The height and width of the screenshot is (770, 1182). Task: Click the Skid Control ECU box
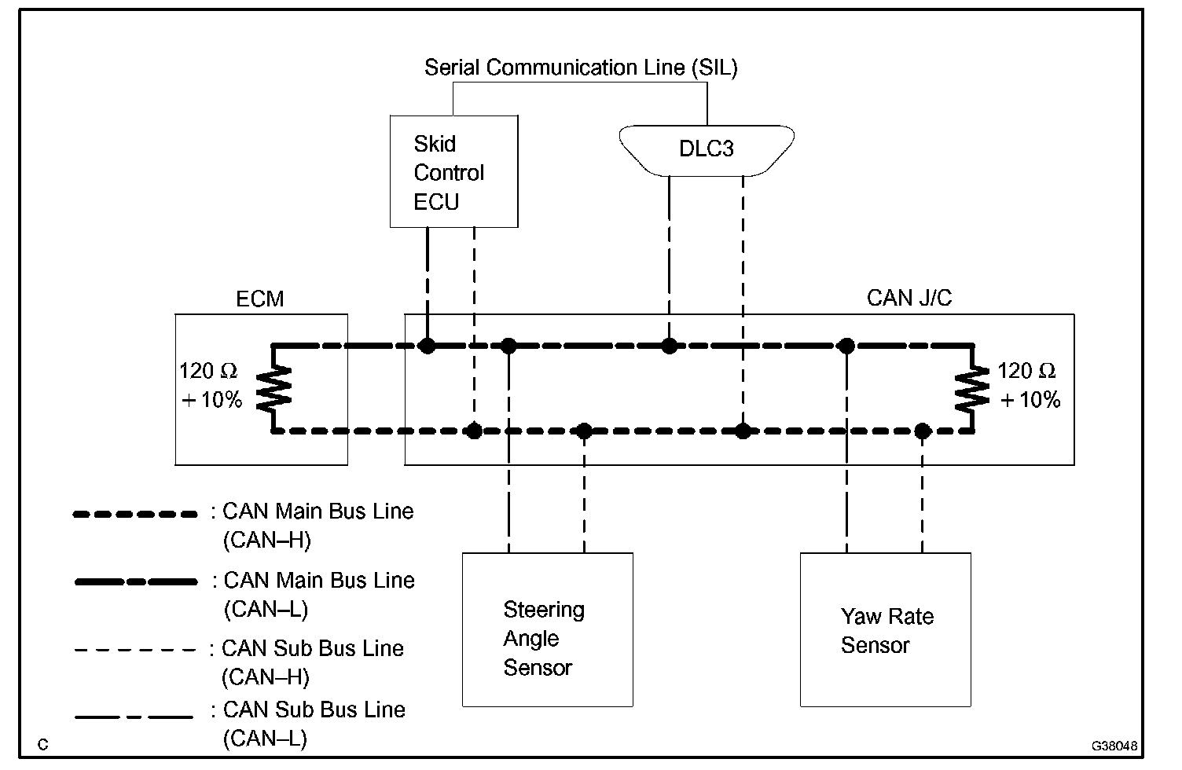453,171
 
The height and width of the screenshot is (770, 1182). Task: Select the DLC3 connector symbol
706,149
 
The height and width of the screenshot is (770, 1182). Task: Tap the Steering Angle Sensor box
547,630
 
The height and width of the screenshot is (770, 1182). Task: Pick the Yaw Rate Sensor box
885,630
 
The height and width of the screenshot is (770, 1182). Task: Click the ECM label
260,299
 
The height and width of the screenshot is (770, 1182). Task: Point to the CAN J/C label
909,299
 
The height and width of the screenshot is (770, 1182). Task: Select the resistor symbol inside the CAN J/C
972,388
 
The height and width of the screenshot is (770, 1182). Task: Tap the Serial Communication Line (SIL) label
581,68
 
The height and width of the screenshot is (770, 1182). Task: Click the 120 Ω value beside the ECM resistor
208,371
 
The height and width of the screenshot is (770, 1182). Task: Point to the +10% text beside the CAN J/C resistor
1030,401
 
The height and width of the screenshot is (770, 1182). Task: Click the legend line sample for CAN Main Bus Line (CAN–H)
134,515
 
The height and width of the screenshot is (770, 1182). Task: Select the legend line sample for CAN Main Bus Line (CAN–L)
136,582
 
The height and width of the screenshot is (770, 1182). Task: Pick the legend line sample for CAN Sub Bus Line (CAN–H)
134,651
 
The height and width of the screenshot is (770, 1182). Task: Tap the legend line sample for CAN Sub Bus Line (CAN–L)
134,717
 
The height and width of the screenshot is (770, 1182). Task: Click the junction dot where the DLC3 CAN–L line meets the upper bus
669,346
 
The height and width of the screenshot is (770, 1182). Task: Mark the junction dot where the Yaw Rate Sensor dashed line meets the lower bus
923,431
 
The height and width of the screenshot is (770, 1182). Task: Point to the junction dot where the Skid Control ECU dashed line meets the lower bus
474,431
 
